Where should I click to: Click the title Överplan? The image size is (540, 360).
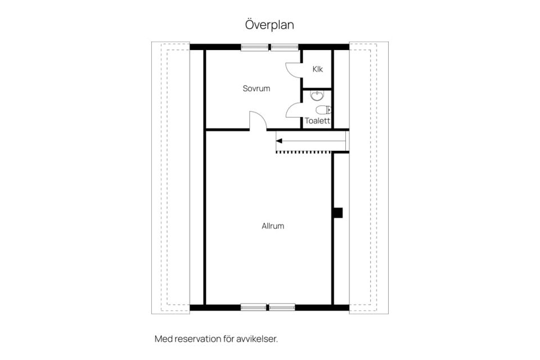[269, 25]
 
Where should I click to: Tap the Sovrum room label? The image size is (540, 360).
[256, 88]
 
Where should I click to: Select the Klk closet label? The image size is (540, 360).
[317, 69]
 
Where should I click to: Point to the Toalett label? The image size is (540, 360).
[317, 121]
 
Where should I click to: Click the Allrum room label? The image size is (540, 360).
[273, 226]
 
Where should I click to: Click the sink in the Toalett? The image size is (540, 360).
[317, 96]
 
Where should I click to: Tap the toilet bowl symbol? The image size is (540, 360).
[323, 110]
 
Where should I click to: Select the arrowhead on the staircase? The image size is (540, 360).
[279, 141]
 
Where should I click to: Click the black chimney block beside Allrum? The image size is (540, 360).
[338, 213]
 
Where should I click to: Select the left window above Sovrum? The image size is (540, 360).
[254, 47]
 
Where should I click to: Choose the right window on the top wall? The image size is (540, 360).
[285, 47]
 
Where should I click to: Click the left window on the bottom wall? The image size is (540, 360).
[254, 307]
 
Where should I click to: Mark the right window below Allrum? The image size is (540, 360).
[282, 307]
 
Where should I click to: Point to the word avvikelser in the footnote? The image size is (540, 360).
[257, 339]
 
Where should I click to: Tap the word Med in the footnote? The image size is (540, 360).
[164, 339]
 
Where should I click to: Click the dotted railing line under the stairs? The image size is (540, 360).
[304, 151]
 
